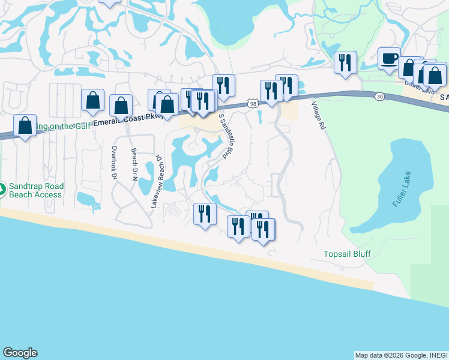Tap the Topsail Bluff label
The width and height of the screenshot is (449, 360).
click(x=346, y=253)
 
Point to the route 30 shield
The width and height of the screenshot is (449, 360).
click(x=379, y=96)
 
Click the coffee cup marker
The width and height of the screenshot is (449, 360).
click(x=389, y=59)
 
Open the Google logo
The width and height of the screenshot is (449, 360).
click(x=19, y=353)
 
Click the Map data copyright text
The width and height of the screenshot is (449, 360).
click(x=401, y=355)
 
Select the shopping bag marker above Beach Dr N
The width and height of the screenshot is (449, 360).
click(x=121, y=106)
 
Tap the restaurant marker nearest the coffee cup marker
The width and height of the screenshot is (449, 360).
click(x=345, y=62)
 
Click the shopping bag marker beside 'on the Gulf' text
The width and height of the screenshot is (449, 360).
click(x=25, y=125)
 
